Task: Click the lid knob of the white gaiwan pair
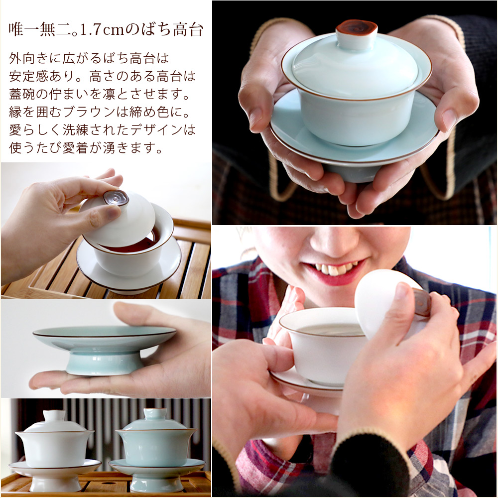coord(54,415)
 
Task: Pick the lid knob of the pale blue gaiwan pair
coord(155,414)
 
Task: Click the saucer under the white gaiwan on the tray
coord(55,467)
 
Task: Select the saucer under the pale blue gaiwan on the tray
coord(156,466)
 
